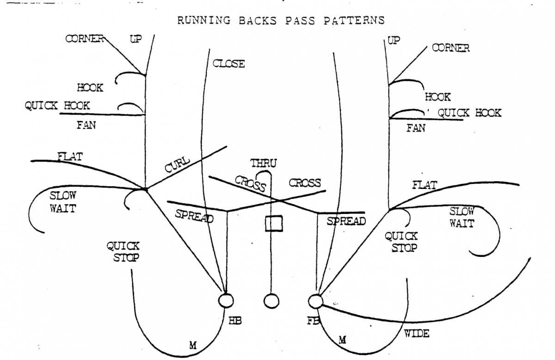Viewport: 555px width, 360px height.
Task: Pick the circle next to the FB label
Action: click(315, 301)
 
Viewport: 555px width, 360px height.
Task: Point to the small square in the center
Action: click(273, 223)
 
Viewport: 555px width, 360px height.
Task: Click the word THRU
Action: click(264, 163)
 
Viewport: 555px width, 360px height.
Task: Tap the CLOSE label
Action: click(228, 64)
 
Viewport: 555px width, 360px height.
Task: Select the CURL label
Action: click(177, 165)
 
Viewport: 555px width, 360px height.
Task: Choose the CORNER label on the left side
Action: click(83, 39)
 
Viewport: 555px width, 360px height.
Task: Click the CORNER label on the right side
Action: click(450, 48)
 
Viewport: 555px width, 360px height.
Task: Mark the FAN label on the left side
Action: click(86, 125)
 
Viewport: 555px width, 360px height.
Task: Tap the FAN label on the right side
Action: click(415, 128)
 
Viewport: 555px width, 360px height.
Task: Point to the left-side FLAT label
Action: click(70, 157)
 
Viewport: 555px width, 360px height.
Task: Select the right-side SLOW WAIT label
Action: click(462, 217)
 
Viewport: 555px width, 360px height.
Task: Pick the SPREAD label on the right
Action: click(346, 221)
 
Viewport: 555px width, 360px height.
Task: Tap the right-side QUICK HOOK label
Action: click(469, 113)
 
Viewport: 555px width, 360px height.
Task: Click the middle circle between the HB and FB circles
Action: click(271, 301)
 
